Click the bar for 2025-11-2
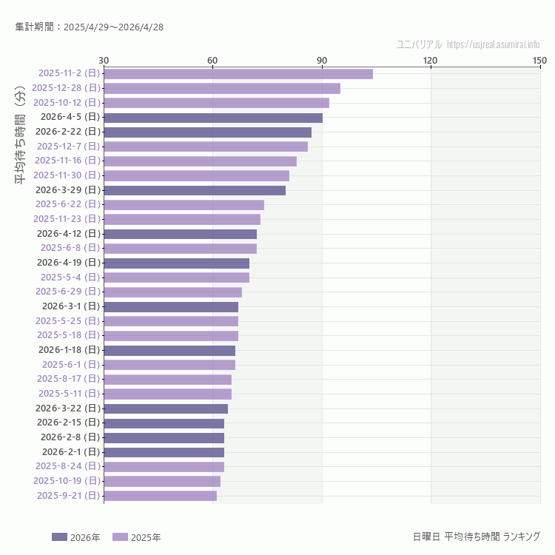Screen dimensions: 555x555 click(x=238, y=73)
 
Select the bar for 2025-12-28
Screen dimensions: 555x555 click(x=222, y=88)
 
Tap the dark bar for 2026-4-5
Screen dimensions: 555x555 click(x=213, y=117)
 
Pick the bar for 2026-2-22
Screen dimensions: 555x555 click(x=207, y=132)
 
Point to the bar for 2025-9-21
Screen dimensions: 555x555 click(x=160, y=495)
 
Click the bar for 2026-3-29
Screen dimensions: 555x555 click(x=195, y=190)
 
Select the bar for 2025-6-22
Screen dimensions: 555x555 click(x=184, y=204)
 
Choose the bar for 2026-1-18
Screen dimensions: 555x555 click(x=169, y=350)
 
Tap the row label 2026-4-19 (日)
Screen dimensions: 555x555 click(x=68, y=263)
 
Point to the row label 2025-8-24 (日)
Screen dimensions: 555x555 click(x=68, y=466)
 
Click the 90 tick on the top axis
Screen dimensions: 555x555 click(x=322, y=60)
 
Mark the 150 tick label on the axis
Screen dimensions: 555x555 click(x=539, y=60)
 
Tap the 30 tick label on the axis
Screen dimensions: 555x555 click(x=104, y=60)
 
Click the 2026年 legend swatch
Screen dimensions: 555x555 click(x=59, y=536)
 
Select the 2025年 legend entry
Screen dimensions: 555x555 click(x=136, y=536)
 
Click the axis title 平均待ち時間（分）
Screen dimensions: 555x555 click(x=20, y=145)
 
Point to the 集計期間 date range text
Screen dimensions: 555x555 click(x=90, y=27)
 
